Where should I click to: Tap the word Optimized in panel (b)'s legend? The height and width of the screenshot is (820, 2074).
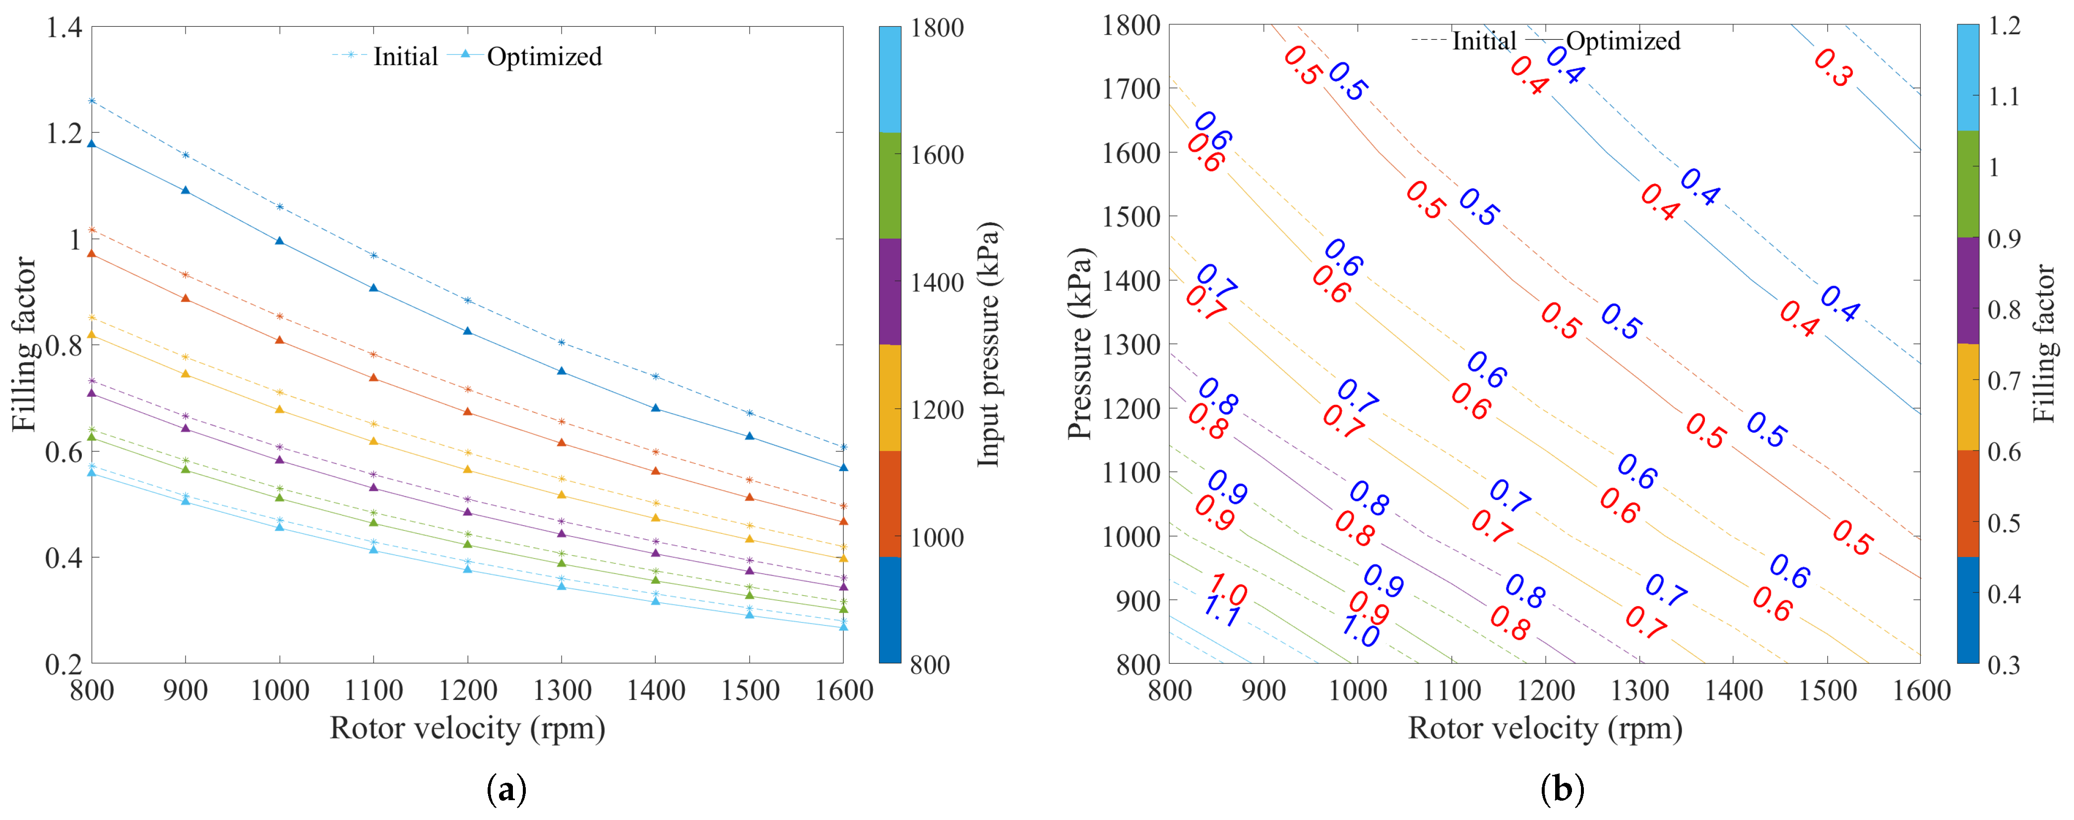point(1622,41)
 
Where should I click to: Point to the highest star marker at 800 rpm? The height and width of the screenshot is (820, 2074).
point(92,101)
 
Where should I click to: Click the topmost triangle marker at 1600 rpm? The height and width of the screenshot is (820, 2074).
point(843,467)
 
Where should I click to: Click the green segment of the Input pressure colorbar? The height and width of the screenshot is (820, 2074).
point(889,185)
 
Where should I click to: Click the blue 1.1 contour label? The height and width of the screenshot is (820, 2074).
point(1222,614)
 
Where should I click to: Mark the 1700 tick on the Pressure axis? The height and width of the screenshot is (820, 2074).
point(1131,89)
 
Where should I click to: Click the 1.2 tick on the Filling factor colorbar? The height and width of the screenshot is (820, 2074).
point(2004,26)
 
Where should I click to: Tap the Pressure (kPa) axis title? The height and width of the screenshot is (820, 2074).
point(1079,344)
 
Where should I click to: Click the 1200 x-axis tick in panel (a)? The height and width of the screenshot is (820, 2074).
point(467,691)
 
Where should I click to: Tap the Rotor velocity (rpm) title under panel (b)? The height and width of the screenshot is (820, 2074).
point(1544,728)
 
